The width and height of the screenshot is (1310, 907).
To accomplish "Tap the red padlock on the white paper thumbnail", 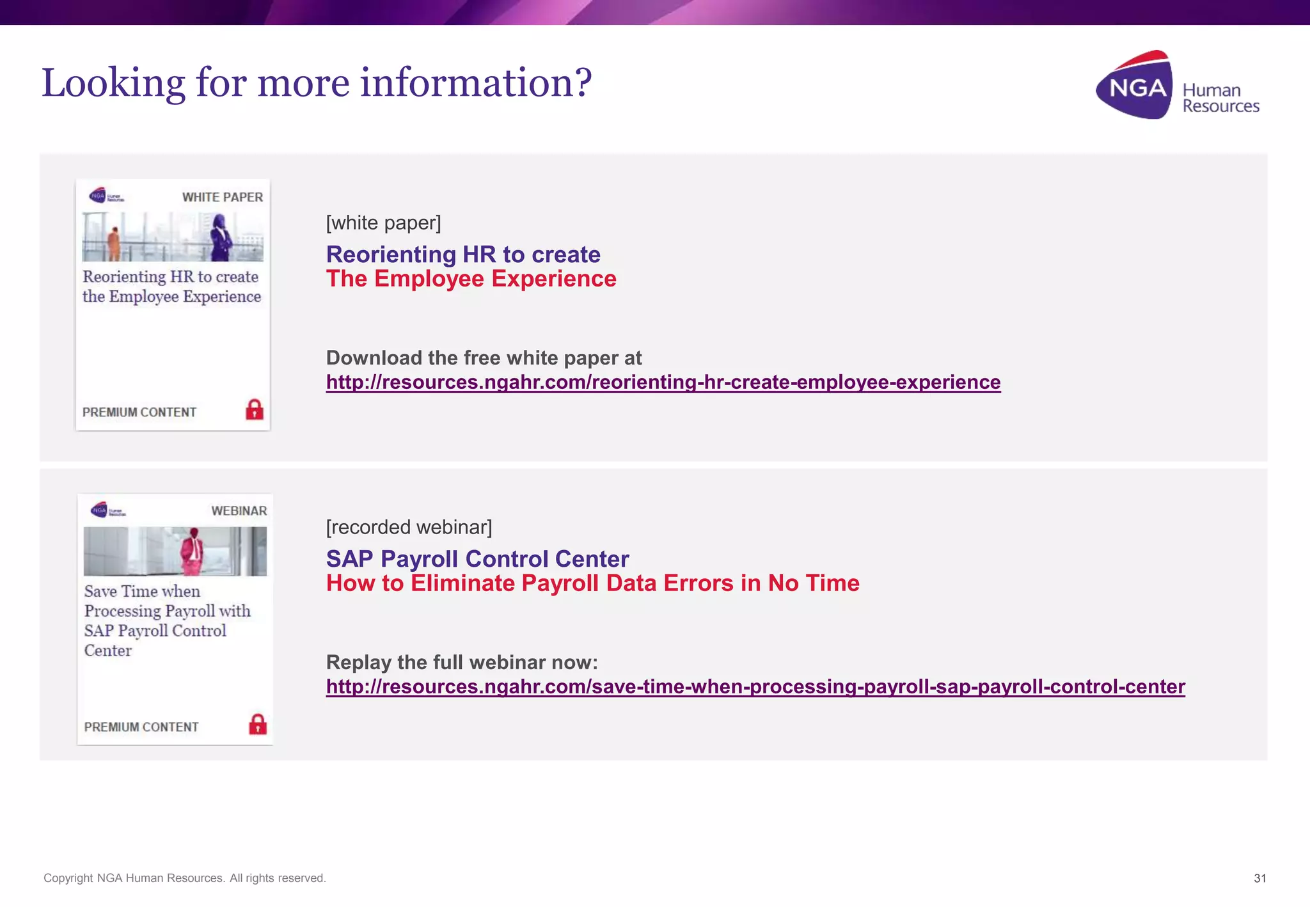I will tap(255, 409).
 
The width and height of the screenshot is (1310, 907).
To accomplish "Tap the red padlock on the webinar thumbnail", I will tap(258, 724).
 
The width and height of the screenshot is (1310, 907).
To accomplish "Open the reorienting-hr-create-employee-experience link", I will tap(663, 382).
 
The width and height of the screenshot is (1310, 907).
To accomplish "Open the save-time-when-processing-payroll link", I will tap(755, 686).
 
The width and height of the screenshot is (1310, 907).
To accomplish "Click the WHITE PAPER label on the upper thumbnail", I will tap(222, 197).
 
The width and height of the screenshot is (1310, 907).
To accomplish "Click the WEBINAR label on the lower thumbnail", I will tap(239, 511).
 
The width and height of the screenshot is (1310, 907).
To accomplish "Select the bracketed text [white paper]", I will tap(383, 223).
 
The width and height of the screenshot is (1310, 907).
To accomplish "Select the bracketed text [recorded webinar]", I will tap(409, 527).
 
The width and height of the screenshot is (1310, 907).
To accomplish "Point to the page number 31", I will tap(1259, 878).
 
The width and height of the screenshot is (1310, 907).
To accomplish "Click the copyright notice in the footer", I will tap(184, 878).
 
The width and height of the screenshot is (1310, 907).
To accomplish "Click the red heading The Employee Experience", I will tap(471, 279).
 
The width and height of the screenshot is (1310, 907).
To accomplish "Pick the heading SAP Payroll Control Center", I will tap(477, 558).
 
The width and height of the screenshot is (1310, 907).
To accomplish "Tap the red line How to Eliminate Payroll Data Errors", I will tap(592, 583).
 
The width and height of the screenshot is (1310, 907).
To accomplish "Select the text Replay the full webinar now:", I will tap(462, 662).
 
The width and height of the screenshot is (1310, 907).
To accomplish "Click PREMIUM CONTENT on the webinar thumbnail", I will tap(141, 727).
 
